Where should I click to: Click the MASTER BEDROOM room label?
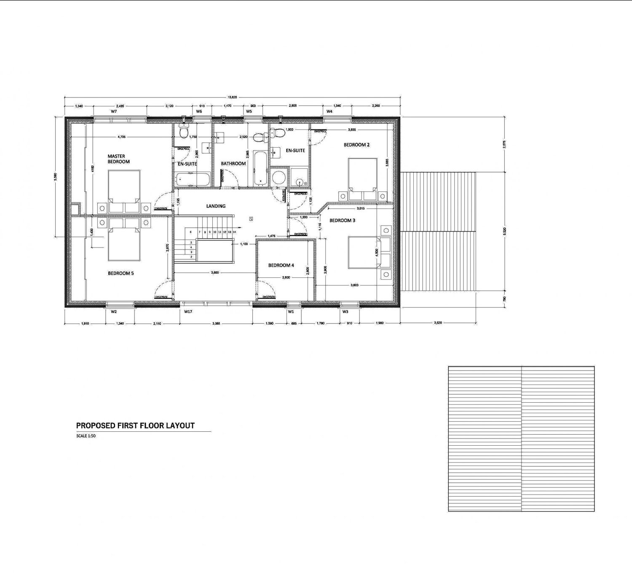coord(118,159)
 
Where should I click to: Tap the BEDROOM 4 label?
coord(281,265)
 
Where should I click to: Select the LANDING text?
coord(216,206)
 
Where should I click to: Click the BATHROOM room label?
coord(233,164)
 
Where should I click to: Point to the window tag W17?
coord(188,312)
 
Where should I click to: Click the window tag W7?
coord(114,112)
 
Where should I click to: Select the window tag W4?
coord(329,112)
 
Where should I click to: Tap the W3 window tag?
coord(345,312)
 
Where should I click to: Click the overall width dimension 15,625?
coord(232,97)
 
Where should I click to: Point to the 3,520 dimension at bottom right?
coord(438,323)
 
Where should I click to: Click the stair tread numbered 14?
coord(234,232)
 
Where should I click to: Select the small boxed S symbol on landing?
coord(251,218)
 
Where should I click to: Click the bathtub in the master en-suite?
coord(192,180)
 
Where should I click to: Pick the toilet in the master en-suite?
coord(183,132)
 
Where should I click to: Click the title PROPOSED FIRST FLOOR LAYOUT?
coord(135,426)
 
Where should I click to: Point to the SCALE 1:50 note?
coord(86,436)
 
